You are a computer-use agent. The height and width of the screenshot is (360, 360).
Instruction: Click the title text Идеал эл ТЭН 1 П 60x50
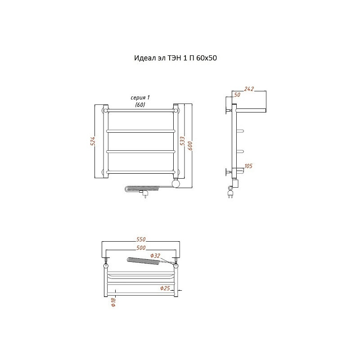coord(175,58)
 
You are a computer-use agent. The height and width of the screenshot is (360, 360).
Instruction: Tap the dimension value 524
coord(93,141)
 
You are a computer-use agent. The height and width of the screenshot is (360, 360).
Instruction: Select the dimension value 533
coord(182,141)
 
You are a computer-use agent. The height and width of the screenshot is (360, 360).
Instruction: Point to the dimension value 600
coord(190,146)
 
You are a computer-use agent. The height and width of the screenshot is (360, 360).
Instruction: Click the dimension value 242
coord(249,89)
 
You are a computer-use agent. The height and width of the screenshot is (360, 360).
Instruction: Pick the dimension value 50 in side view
coord(237,95)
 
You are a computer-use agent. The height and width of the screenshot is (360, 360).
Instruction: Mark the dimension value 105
coord(248,166)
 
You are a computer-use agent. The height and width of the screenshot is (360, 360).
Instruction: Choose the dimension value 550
coord(141,239)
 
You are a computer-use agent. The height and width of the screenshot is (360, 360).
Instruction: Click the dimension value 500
coord(141,248)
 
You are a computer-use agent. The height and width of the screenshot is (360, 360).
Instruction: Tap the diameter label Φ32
coord(155,256)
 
